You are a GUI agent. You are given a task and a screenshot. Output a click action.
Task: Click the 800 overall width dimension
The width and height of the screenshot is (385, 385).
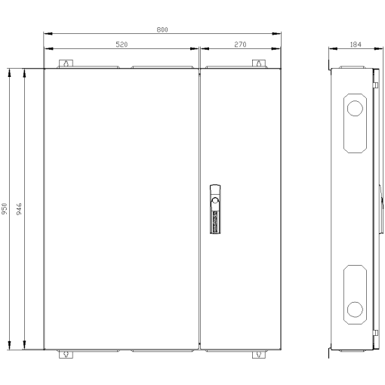point(162,29)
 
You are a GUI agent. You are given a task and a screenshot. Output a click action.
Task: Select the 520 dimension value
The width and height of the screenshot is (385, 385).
point(121,45)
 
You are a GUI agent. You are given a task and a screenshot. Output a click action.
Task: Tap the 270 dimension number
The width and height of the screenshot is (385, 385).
point(240,45)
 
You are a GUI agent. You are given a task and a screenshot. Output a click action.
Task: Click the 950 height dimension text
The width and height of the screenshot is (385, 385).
point(5,209)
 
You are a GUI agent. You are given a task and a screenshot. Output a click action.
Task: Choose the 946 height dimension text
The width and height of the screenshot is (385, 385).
point(19,209)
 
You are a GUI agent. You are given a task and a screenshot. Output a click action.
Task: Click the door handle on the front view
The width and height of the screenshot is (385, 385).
point(214,210)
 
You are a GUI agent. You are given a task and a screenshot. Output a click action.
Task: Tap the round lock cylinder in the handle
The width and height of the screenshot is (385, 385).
point(214,201)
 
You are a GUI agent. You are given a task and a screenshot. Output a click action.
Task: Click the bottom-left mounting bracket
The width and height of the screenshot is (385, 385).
point(66,354)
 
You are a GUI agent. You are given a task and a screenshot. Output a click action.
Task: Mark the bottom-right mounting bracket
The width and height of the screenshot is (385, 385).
point(258,354)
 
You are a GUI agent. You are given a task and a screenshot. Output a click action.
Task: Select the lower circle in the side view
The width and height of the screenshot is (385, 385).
point(353,307)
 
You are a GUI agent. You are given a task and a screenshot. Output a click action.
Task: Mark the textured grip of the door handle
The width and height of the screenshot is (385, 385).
point(214,221)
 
